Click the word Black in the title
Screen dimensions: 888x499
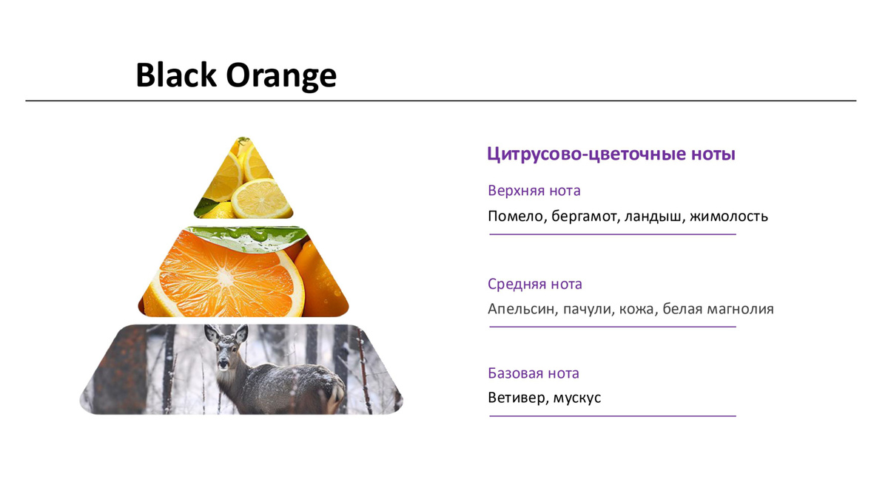[176, 75]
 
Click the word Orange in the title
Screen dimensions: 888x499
[281, 77]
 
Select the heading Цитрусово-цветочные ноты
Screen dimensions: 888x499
[611, 154]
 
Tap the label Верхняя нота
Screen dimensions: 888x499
[534, 191]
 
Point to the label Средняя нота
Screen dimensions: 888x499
[535, 285]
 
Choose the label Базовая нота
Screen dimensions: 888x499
[534, 373]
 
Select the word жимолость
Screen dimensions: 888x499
[729, 217]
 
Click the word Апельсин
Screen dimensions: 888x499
[521, 309]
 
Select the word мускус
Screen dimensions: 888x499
[577, 398]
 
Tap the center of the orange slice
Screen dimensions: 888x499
[226, 277]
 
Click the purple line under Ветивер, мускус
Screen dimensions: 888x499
[613, 416]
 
